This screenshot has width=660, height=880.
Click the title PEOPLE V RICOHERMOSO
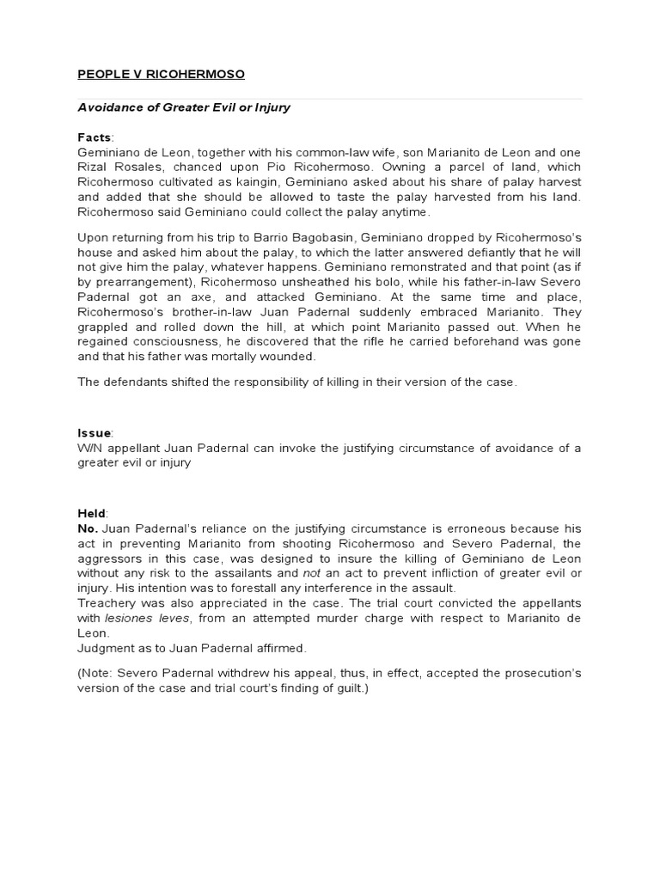161,75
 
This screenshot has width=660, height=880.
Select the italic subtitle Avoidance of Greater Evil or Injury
184,107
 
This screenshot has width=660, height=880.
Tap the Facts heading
95,137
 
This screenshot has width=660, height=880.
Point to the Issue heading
95,433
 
